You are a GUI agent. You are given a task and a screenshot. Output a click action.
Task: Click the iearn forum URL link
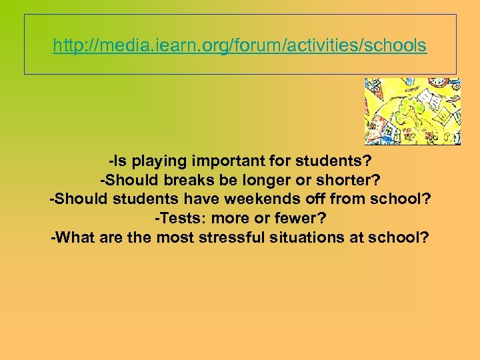240,46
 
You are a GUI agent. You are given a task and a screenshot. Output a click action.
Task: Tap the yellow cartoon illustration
412,111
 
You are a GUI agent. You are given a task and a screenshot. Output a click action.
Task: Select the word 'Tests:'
177,218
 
